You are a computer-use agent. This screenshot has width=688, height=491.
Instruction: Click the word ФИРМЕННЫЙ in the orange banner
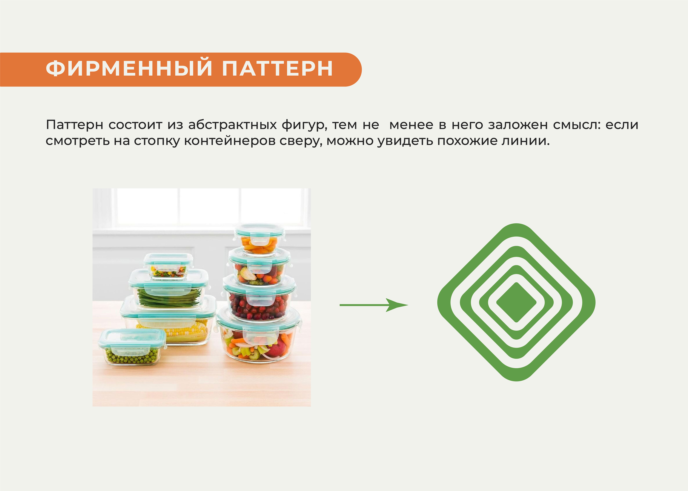[x=129, y=69]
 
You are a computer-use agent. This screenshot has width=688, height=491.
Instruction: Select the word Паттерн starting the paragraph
[x=74, y=125]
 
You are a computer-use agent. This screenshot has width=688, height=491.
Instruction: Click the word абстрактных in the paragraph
[x=232, y=125]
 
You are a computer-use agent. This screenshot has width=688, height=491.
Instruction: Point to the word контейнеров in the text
[x=230, y=141]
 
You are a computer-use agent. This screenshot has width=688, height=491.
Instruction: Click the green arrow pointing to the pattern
[x=374, y=305]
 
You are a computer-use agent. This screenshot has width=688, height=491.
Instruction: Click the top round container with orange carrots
[x=259, y=239]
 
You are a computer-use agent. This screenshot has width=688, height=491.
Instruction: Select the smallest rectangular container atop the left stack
[x=168, y=266]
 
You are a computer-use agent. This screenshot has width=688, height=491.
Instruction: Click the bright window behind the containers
[x=209, y=207]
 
